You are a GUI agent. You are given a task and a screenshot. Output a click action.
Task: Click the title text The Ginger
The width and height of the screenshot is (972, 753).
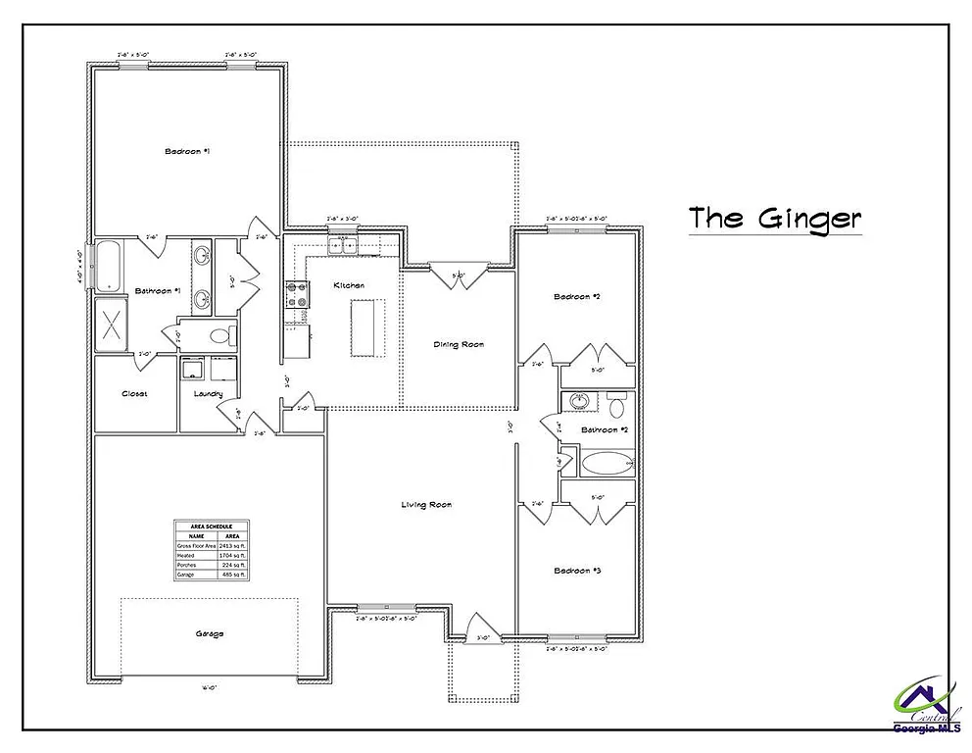point(773,218)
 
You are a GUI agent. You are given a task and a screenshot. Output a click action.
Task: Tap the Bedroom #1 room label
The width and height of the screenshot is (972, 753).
point(187,151)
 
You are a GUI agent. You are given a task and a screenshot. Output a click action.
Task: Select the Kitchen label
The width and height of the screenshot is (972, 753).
point(349,285)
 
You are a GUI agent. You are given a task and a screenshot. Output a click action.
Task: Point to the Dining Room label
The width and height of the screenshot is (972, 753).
point(459,344)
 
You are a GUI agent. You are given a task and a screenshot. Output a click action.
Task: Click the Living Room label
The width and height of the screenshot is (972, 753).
point(426,505)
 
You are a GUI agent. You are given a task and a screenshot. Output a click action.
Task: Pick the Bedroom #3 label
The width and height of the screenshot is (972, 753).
point(576,571)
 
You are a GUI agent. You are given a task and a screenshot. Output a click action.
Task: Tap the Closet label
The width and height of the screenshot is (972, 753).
point(134,394)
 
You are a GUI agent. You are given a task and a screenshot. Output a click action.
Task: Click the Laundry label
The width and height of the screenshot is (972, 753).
point(208,394)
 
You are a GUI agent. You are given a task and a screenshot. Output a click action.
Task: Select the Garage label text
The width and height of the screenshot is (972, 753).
point(209,633)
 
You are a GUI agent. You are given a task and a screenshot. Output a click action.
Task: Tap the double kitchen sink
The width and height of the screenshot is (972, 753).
point(342,245)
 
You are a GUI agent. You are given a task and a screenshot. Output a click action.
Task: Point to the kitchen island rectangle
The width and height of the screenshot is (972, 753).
point(367,328)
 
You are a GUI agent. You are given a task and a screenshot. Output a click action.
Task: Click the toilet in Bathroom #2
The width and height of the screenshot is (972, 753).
point(616,406)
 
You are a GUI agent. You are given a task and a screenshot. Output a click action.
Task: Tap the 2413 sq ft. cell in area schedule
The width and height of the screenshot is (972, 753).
point(231,545)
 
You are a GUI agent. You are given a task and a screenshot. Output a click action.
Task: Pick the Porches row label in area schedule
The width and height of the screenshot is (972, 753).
point(186,565)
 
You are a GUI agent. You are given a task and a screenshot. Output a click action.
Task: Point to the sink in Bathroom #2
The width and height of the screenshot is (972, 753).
point(579,403)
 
